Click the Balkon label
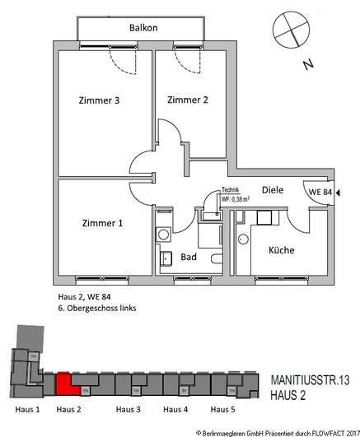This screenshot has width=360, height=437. coord(143,27)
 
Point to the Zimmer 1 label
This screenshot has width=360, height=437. coord(103,223)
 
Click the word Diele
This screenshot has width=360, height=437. coord(272,190)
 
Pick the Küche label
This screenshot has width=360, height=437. coord(281,250)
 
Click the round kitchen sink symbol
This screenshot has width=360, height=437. coord(242,239)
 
